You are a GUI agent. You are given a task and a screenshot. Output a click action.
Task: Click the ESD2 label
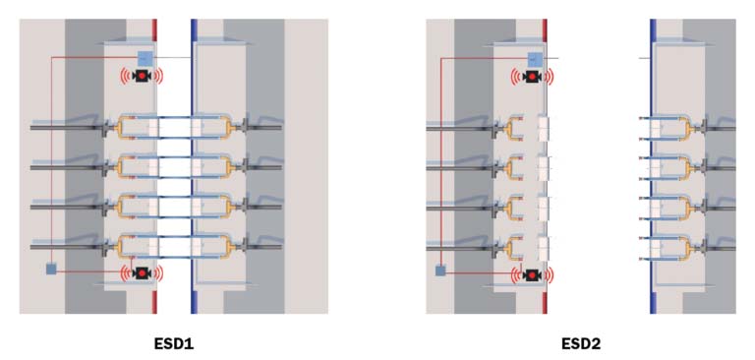pyautogui.click(x=581, y=344)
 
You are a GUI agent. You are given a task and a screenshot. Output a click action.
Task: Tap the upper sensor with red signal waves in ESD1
pyautogui.click(x=142, y=77)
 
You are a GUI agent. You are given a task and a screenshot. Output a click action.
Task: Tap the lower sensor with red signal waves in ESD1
pyautogui.click(x=142, y=272)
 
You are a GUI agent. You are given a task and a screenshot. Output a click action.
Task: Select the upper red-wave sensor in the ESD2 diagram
pyautogui.click(x=533, y=77)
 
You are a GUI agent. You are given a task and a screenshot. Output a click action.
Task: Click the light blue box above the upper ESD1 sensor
pyautogui.click(x=145, y=58)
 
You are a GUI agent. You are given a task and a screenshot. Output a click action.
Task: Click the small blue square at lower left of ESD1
pyautogui.click(x=51, y=269)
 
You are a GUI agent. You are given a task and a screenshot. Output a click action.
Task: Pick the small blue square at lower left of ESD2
pyautogui.click(x=440, y=269)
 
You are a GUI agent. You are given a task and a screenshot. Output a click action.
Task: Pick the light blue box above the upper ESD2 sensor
pyautogui.click(x=535, y=58)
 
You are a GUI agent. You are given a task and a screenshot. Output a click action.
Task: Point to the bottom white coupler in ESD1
pyautogui.click(x=174, y=246)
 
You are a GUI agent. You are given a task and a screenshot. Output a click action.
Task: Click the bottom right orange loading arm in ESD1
pyautogui.click(x=217, y=246)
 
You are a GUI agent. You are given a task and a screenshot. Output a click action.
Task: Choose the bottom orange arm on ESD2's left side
pyautogui.click(x=517, y=248)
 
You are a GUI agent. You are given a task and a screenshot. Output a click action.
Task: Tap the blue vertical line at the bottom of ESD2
pyautogui.click(x=652, y=295)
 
